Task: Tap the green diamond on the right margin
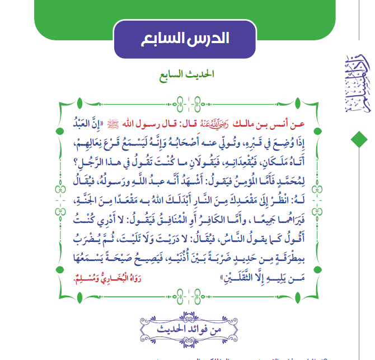pos(357,138)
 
